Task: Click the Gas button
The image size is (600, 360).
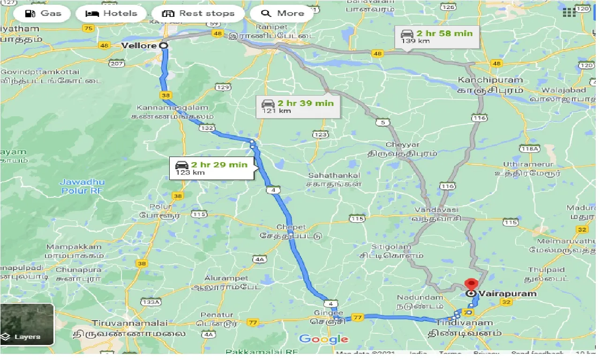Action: pyautogui.click(x=43, y=13)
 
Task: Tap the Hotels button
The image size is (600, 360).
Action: pyautogui.click(x=112, y=13)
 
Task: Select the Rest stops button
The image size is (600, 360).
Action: pyautogui.click(x=198, y=13)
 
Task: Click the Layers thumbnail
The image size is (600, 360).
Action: pyautogui.click(x=27, y=324)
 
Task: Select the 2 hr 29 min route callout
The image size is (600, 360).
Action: pyautogui.click(x=211, y=168)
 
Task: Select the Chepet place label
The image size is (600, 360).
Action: pyautogui.click(x=291, y=227)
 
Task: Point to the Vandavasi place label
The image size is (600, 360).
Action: pyautogui.click(x=436, y=210)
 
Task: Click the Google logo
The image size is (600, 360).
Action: pyautogui.click(x=323, y=339)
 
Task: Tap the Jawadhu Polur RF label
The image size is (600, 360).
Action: pyautogui.click(x=82, y=186)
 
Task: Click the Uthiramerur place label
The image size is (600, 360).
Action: pyautogui.click(x=528, y=165)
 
